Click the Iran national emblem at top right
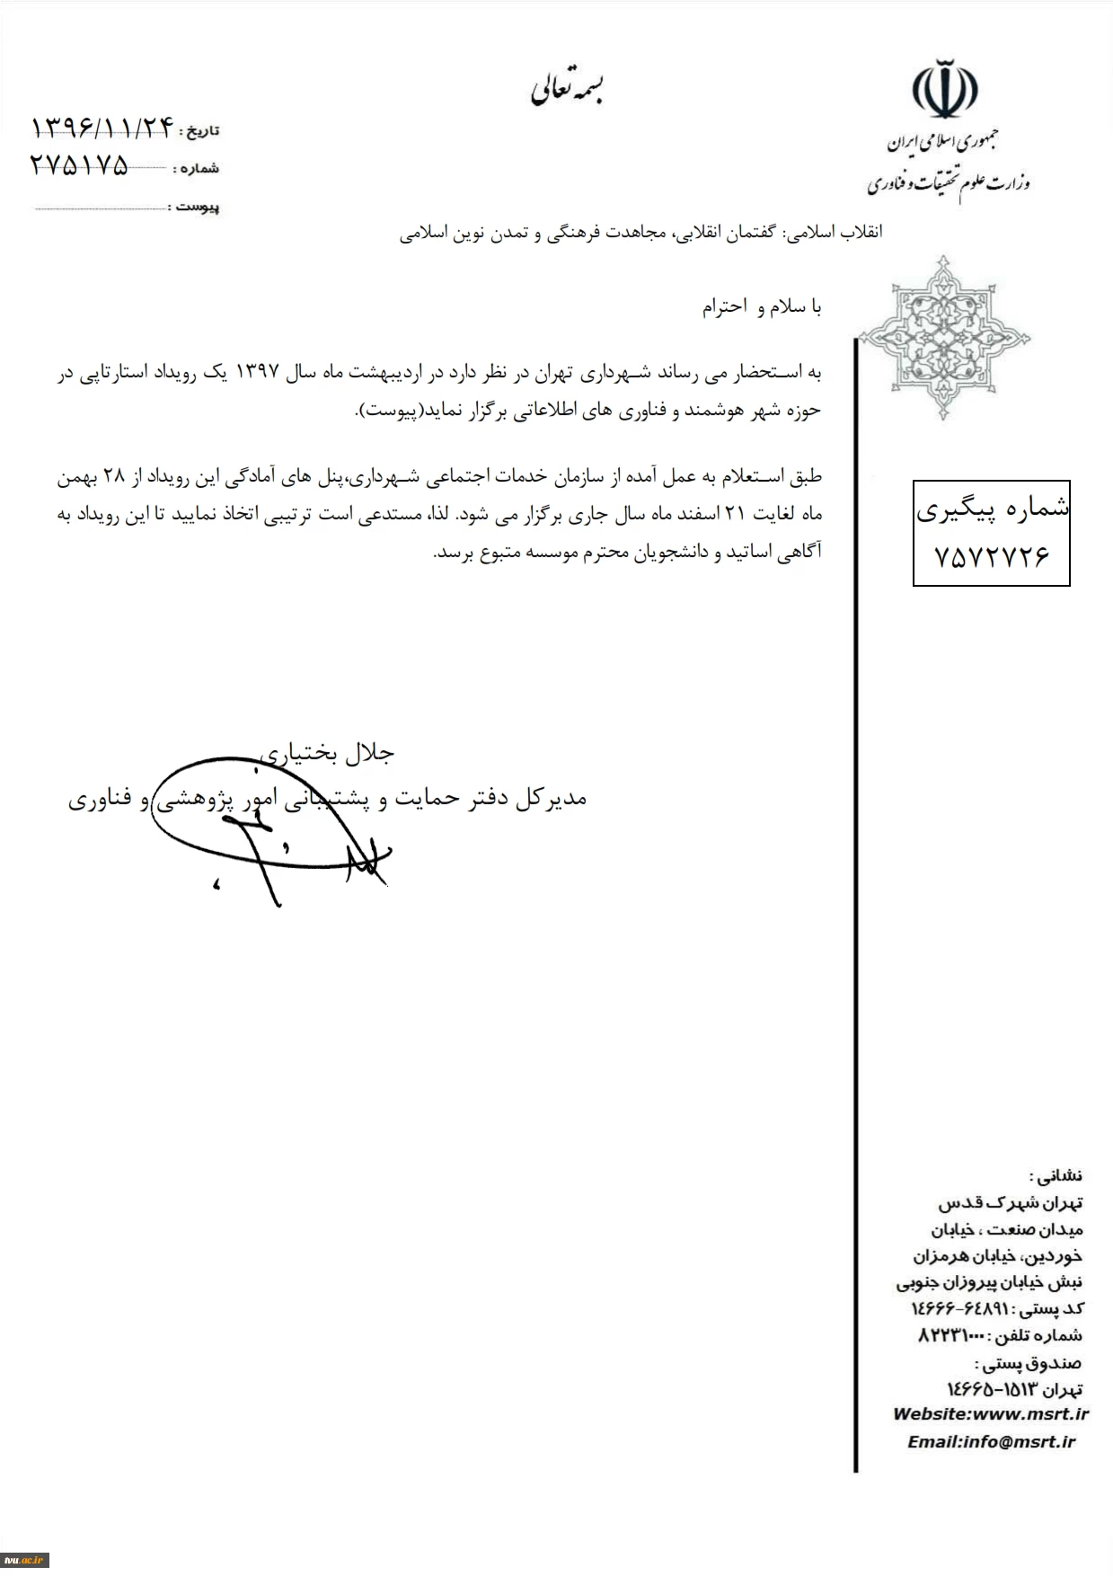coord(945,89)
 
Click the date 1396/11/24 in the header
coord(101,128)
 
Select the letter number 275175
coord(79,165)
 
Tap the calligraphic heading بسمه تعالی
coord(568,89)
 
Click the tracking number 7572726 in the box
coord(992,557)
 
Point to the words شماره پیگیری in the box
coord(992,509)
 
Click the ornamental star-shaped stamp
coord(943,338)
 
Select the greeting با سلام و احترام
coord(762,307)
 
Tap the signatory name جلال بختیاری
coord(327,753)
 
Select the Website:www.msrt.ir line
coord(990,1413)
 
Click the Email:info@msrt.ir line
coord(991,1441)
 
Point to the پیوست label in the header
coord(198,208)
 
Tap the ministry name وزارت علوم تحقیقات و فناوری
coord(949,183)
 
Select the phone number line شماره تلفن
coord(999,1335)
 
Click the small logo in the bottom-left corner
coord(24,1560)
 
